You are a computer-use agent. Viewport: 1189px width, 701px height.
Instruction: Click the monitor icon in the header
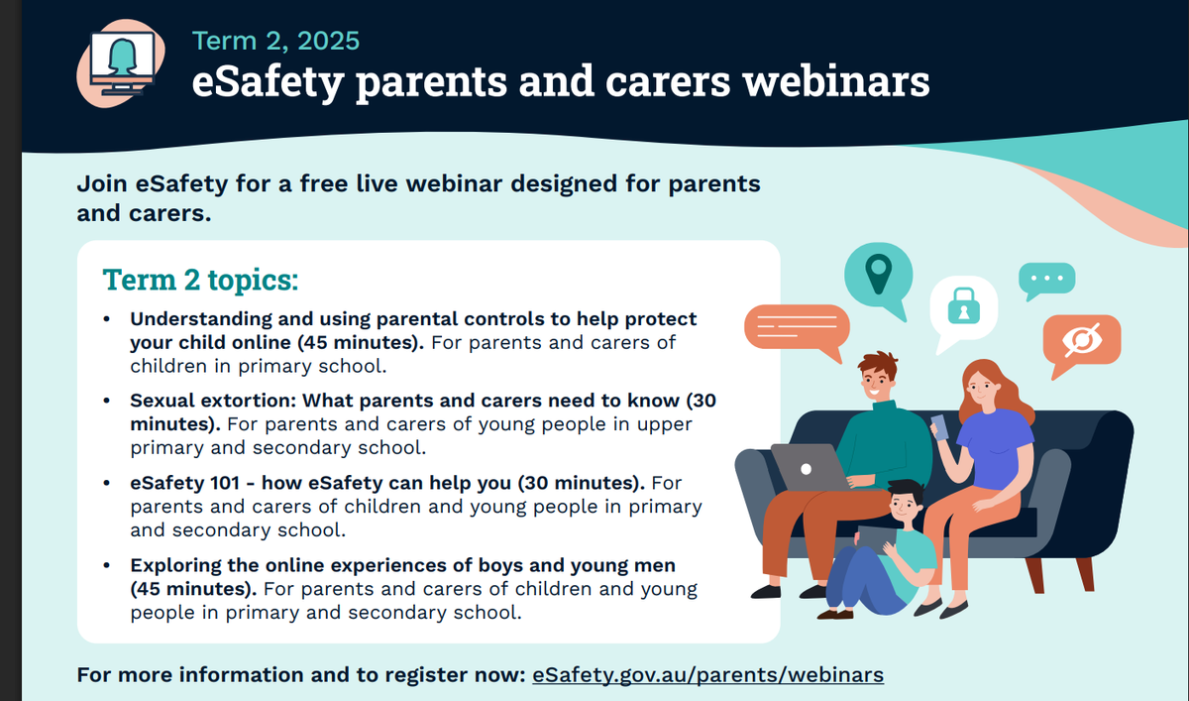[x=123, y=63]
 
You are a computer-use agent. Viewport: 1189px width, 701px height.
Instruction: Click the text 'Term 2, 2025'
[x=276, y=41]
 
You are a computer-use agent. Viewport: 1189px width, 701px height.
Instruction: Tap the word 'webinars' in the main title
[x=836, y=81]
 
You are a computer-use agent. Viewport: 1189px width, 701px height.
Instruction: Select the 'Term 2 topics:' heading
[x=200, y=280]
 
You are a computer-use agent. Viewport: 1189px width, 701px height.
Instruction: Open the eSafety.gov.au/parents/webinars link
[x=708, y=675]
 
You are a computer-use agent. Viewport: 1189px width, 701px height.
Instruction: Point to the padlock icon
[x=964, y=306]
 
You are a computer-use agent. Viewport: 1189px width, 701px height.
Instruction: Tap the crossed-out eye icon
[x=1082, y=340]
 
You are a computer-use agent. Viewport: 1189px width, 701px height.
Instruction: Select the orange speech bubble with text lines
[x=797, y=329]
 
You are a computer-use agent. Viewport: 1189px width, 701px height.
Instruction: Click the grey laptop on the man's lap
[x=811, y=467]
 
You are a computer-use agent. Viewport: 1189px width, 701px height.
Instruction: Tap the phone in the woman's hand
[x=939, y=427]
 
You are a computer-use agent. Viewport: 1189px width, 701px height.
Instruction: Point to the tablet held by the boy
[x=876, y=539]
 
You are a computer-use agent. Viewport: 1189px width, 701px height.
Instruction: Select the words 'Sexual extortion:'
[x=213, y=401]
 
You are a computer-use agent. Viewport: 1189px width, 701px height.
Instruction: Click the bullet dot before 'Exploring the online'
[x=107, y=565]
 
